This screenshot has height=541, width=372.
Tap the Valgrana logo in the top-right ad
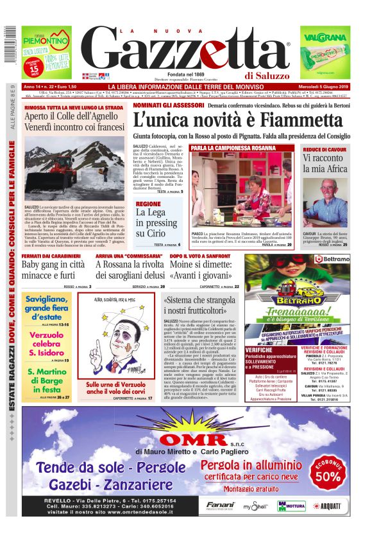click(x=332, y=37)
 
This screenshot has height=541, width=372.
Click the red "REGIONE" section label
click(x=148, y=204)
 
